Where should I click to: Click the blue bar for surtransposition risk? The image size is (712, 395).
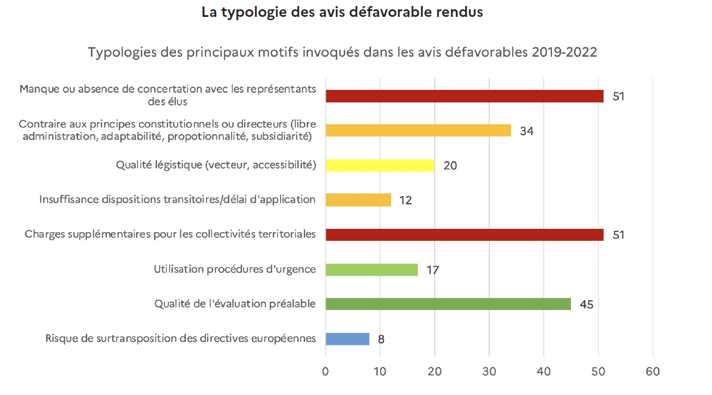[348, 339]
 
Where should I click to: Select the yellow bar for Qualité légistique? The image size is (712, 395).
[380, 165]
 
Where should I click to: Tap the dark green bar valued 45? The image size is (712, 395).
[448, 304]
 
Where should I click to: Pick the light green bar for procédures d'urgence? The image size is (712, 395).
[372, 270]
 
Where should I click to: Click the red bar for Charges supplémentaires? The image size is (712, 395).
[464, 235]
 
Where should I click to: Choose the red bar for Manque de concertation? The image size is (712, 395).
[464, 96]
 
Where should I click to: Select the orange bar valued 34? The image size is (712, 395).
[418, 130]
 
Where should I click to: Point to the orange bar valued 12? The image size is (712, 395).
[358, 200]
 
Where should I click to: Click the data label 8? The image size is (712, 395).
[381, 339]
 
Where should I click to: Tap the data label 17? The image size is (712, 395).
[433, 270]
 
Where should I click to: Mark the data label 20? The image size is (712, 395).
[450, 166]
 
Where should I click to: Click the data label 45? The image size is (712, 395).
[586, 305]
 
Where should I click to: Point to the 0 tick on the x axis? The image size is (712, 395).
[326, 372]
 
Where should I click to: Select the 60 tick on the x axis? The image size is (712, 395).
[652, 372]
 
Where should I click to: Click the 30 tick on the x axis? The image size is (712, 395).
[489, 372]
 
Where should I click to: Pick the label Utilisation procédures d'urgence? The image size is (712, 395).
[235, 269]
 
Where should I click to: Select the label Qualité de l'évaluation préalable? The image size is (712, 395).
[235, 304]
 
